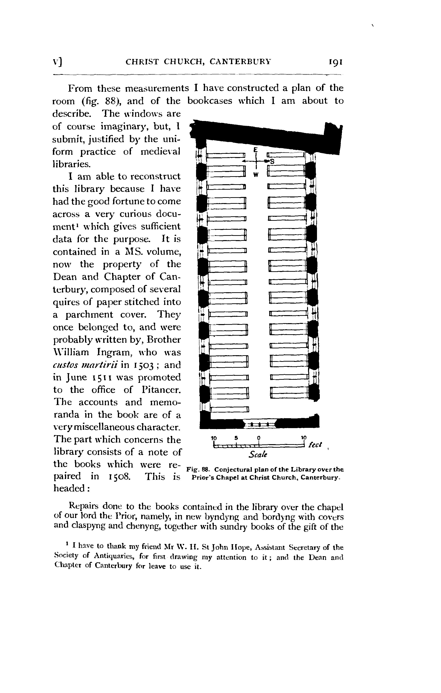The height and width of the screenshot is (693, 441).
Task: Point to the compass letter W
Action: tap(255, 174)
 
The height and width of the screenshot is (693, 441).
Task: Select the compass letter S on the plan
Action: tap(271, 162)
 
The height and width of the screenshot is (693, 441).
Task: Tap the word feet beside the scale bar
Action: tap(315, 445)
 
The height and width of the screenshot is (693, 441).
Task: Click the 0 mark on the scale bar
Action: tap(259, 438)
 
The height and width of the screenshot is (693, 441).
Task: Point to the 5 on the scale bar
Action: tap(236, 438)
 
